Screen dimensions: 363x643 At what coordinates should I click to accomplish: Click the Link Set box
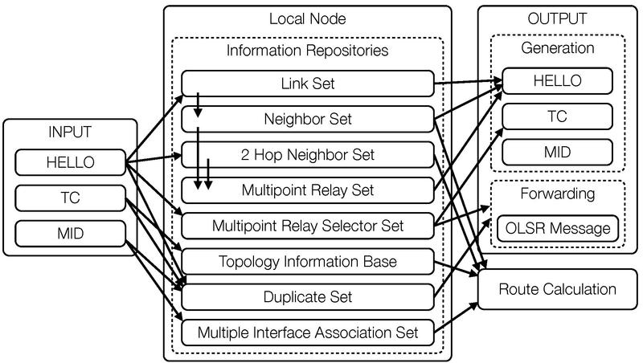pos(308,84)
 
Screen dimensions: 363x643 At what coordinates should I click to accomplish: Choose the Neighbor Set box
pos(308,119)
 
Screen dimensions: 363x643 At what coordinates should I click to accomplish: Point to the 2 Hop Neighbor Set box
pos(308,154)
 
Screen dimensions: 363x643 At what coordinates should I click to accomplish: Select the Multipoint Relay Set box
pos(308,190)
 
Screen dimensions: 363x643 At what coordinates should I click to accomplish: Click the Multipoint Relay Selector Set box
pos(308,226)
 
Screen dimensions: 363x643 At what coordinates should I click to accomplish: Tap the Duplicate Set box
pos(308,296)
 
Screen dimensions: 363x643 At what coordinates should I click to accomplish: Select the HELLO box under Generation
pos(558,81)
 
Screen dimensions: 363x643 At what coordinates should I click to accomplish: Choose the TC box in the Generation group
pos(558,116)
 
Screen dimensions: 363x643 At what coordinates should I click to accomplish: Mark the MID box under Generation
pos(558,150)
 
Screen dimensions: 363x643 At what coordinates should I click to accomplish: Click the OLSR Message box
pos(558,228)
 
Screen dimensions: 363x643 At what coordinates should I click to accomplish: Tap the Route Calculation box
pos(558,289)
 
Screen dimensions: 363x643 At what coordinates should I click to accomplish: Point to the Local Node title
pos(308,18)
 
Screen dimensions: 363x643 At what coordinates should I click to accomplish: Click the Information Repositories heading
pos(308,51)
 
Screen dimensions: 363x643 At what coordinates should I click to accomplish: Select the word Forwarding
pos(558,194)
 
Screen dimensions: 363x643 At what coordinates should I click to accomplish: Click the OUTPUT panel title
pos(558,18)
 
